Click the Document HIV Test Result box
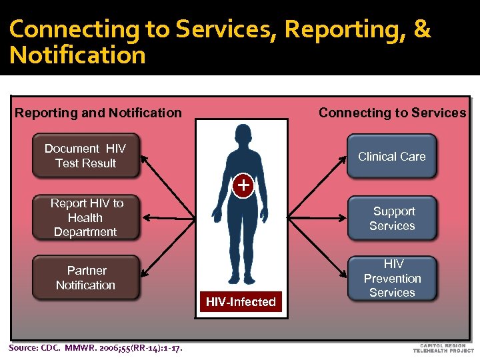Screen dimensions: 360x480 (x=86, y=156)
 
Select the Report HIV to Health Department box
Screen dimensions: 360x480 (x=86, y=217)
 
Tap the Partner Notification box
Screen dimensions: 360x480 (x=86, y=277)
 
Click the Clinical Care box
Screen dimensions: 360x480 (x=391, y=156)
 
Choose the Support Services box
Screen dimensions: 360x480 (x=392, y=218)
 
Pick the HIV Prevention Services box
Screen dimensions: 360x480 (x=392, y=278)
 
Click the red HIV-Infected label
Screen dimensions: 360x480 (x=241, y=302)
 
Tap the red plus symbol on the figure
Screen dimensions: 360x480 (x=244, y=185)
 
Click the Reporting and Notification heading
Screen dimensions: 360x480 (x=98, y=113)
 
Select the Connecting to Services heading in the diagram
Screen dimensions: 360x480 (x=392, y=113)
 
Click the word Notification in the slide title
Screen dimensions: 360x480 (x=77, y=55)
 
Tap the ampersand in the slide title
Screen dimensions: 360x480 (x=421, y=29)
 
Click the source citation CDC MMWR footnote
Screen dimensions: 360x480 (x=95, y=347)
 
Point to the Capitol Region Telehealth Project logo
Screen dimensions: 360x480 (x=443, y=347)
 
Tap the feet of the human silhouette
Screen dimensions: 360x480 (x=240, y=279)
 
